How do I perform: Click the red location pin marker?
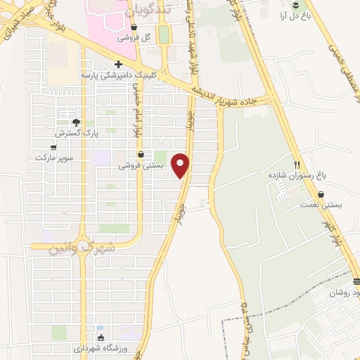(181, 165)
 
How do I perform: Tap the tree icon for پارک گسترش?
(77, 122)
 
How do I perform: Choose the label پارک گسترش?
(75, 132)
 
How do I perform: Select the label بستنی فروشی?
(141, 165)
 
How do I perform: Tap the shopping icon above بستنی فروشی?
(141, 155)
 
